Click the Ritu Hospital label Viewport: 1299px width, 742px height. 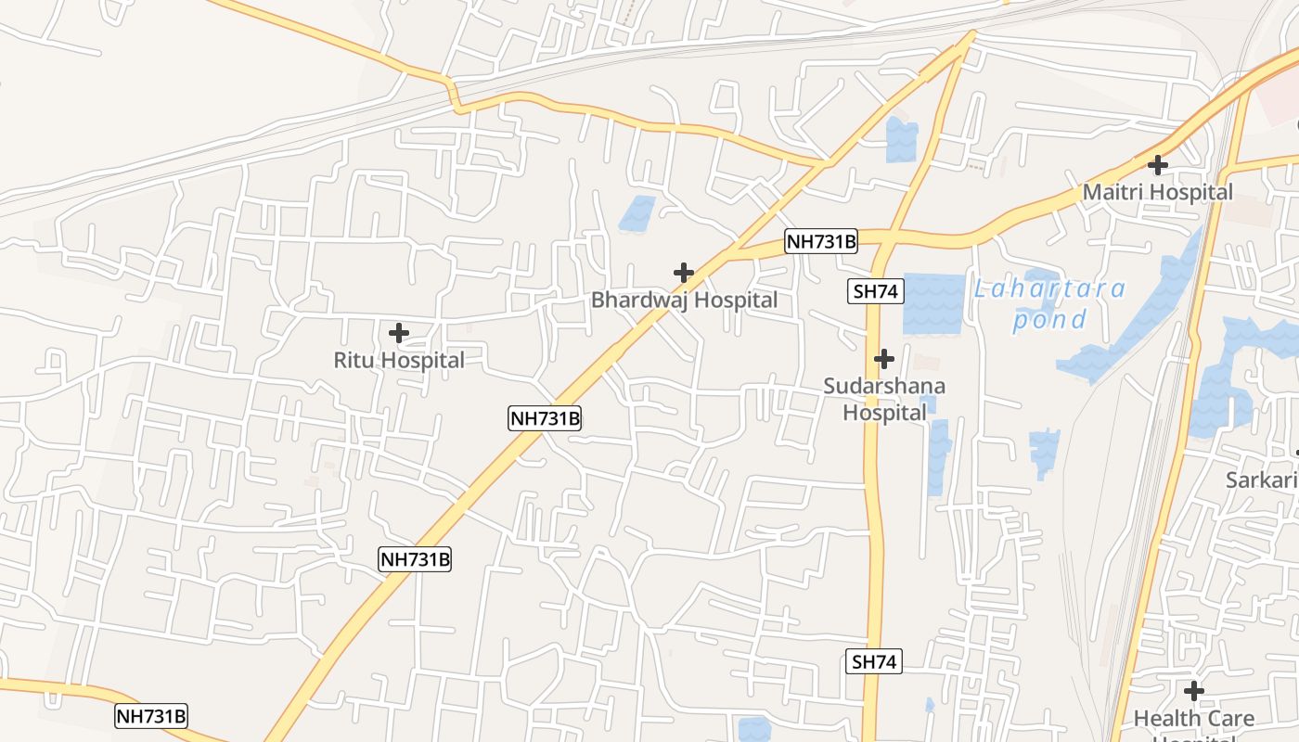[x=399, y=360]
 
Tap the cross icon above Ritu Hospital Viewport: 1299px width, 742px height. [x=399, y=333]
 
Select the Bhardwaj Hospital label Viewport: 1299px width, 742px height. [x=684, y=301]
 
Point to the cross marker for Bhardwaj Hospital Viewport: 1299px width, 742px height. [x=684, y=273]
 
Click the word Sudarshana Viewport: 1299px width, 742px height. [x=884, y=386]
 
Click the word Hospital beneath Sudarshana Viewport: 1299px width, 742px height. [x=884, y=412]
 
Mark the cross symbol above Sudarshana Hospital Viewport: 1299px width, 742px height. [x=884, y=358]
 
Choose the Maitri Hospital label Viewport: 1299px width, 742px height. [x=1158, y=193]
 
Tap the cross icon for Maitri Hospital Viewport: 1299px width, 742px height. [x=1158, y=165]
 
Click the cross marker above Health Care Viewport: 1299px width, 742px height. [x=1194, y=691]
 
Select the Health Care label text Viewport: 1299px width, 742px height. [x=1194, y=718]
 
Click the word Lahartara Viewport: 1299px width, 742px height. [x=1049, y=289]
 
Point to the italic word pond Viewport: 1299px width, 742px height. [x=1049, y=321]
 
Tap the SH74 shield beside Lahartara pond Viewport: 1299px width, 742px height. [x=875, y=291]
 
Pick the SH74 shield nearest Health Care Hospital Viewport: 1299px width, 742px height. [x=875, y=661]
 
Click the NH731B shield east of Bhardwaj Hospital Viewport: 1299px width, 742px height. [x=821, y=242]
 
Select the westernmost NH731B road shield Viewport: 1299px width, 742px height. [x=151, y=716]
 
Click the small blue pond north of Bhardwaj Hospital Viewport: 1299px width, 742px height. [x=637, y=213]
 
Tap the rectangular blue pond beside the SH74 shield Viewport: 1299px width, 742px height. [x=933, y=303]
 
